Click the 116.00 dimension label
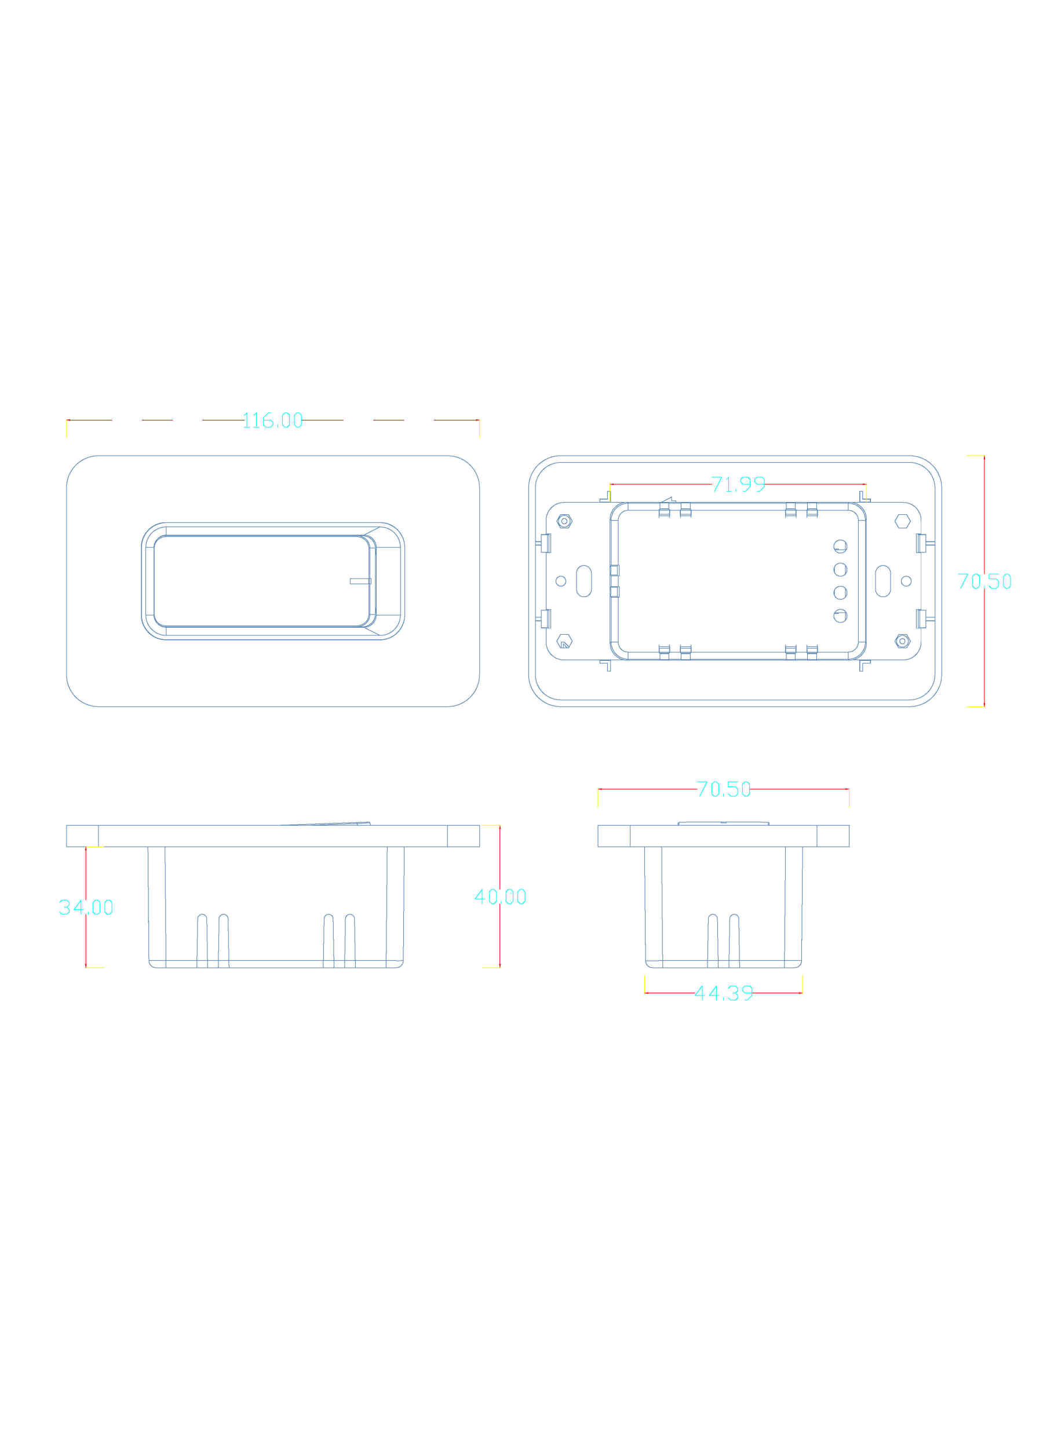click(x=272, y=420)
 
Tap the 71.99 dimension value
click(x=738, y=485)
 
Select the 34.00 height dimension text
click(x=86, y=907)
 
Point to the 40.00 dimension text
click(x=501, y=897)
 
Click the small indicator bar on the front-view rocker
click(x=360, y=581)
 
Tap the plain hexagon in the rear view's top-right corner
click(x=902, y=521)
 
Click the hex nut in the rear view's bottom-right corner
click(x=902, y=641)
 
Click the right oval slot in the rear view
click(x=882, y=581)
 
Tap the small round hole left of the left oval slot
click(x=561, y=581)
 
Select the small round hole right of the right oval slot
click(x=906, y=581)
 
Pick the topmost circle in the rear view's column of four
click(x=840, y=546)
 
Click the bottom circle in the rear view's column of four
click(x=840, y=616)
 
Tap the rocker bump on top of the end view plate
click(x=723, y=824)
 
